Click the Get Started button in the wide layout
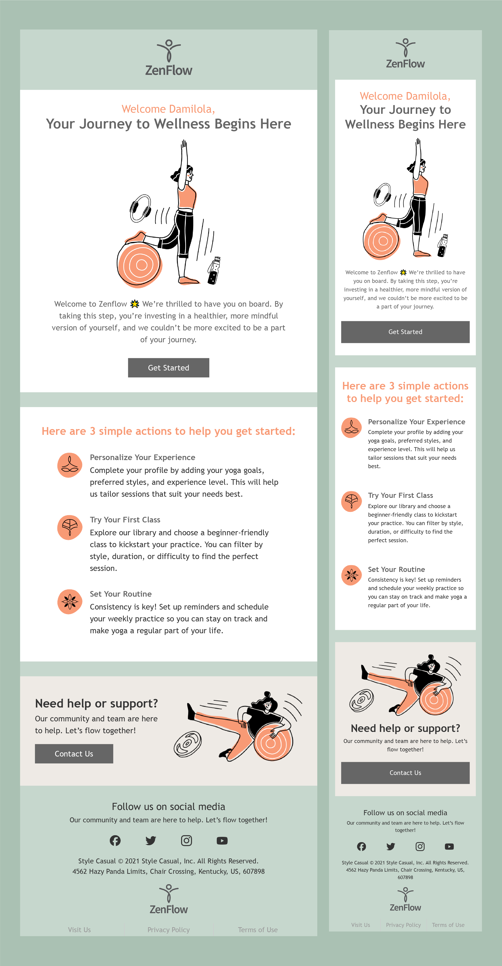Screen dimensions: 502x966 pyautogui.click(x=168, y=368)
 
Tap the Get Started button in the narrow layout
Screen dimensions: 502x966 pyautogui.click(x=405, y=332)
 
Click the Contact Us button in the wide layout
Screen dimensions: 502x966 pyautogui.click(x=74, y=754)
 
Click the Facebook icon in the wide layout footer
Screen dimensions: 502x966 pyautogui.click(x=115, y=840)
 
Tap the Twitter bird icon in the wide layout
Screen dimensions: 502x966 pyautogui.click(x=151, y=840)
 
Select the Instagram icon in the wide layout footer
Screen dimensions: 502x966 pyautogui.click(x=187, y=840)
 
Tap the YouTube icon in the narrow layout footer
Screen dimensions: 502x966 pyautogui.click(x=449, y=846)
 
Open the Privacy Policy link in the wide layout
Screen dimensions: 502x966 pyautogui.click(x=168, y=930)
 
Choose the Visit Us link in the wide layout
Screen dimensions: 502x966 pyautogui.click(x=79, y=930)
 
